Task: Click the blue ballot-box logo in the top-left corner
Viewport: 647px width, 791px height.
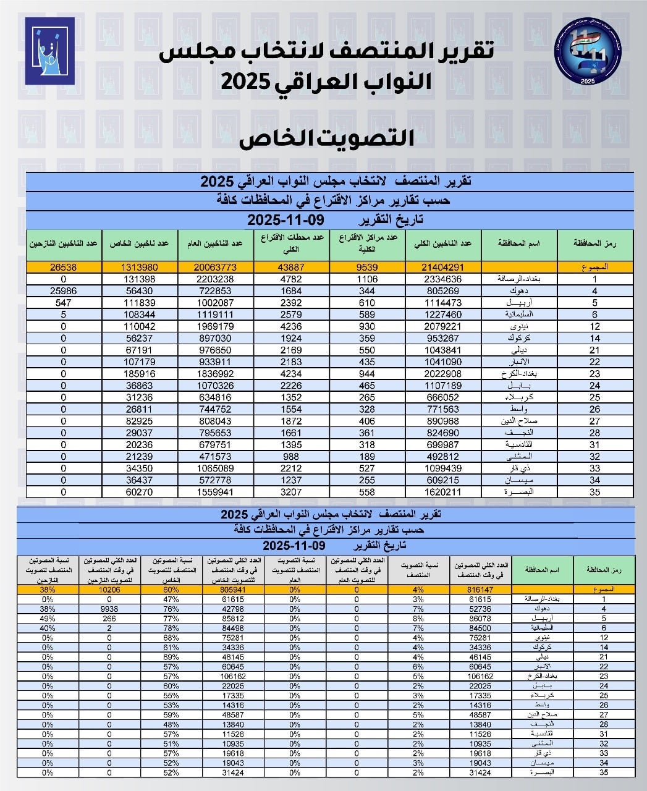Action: click(49, 51)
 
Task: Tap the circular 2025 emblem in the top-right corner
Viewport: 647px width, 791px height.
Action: click(591, 53)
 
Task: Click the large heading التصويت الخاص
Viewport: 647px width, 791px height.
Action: click(326, 137)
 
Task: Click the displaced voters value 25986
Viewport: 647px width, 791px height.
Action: click(64, 290)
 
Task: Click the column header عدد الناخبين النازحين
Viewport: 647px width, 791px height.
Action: click(64, 243)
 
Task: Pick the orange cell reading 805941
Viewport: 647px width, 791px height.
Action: click(233, 590)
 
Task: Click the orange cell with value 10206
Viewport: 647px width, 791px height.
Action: click(109, 590)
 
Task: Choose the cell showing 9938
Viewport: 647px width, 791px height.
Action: click(109, 609)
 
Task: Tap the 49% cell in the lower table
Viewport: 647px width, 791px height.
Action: click(48, 618)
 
